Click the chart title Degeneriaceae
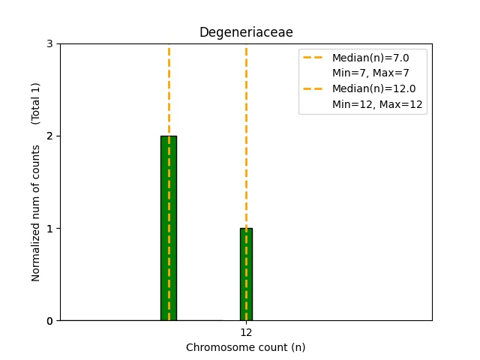tap(245, 32)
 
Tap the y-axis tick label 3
tap(49, 43)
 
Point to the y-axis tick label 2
tap(49, 136)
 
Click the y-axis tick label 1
tap(49, 228)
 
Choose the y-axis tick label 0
tap(49, 320)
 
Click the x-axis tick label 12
tap(246, 332)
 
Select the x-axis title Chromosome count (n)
tap(245, 347)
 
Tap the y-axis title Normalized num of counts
tap(36, 213)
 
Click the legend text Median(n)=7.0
tap(370, 58)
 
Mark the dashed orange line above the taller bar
tap(169, 90)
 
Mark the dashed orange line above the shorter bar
tap(246, 135)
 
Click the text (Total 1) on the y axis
tap(36, 103)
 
